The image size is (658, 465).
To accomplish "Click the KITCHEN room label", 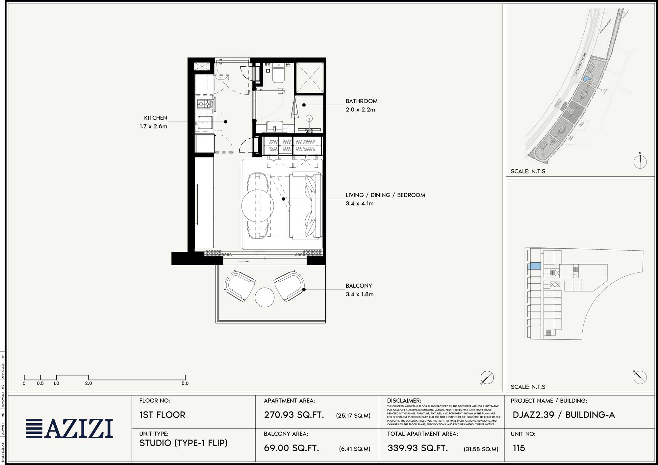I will click(x=155, y=118).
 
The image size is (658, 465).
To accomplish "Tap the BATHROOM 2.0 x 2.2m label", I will click(x=361, y=105).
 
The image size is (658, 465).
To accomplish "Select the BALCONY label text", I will click(x=359, y=286).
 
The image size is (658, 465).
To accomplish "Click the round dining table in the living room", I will click(x=258, y=206).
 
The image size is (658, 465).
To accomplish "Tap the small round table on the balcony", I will click(x=265, y=297).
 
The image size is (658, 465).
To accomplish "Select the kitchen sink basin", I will click(x=205, y=123).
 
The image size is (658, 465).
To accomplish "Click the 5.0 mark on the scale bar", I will click(x=185, y=383).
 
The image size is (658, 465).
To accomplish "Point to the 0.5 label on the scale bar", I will click(x=40, y=383).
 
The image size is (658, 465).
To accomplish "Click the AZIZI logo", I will click(x=70, y=429).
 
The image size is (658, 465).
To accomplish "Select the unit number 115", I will click(x=519, y=448).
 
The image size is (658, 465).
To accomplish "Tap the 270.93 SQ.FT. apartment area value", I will click(x=294, y=415).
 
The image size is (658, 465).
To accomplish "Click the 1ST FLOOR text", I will click(x=162, y=415).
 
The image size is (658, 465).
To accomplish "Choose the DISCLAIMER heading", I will click(x=404, y=401).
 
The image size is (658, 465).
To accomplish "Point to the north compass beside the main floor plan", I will click(x=487, y=378).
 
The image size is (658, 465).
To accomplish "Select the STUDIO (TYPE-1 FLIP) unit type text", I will click(x=183, y=443).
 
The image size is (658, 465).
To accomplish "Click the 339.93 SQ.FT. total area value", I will click(x=418, y=448).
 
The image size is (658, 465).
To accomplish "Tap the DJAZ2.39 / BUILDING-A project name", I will click(x=564, y=415).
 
